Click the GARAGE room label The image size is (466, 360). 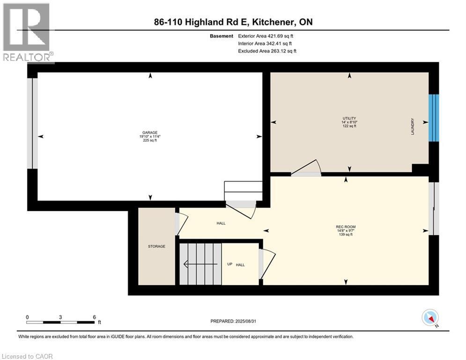(149, 132)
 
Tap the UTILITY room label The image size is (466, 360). (349, 118)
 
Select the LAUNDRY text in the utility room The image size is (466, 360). (413, 126)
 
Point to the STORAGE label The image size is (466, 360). (156, 246)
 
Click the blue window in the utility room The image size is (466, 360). (435, 118)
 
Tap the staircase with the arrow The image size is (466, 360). (200, 264)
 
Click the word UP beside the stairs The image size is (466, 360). (229, 264)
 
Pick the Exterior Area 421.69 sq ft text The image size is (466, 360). (267, 36)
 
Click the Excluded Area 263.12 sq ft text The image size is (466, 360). (267, 51)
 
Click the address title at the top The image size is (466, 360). (233, 22)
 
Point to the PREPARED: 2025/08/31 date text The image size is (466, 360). (233, 321)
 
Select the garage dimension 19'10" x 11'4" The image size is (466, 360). (149, 136)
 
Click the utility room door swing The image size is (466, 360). (307, 168)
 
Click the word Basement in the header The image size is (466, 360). (222, 36)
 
